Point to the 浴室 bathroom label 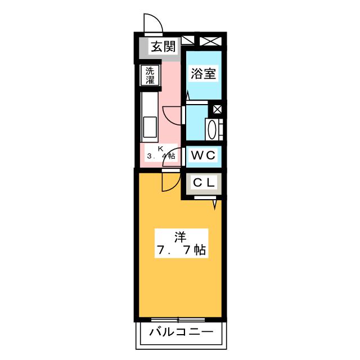(x=203, y=74)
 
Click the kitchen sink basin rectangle (x=150, y=127)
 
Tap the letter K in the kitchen (x=159, y=148)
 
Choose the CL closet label (x=203, y=183)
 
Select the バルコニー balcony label (x=181, y=332)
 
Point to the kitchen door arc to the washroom (x=171, y=115)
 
